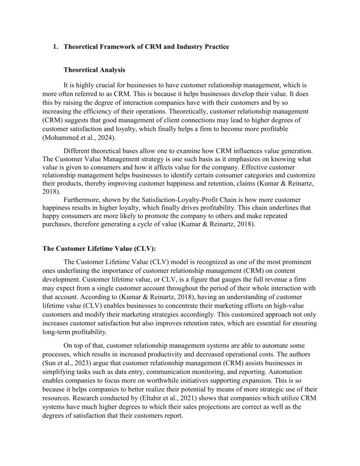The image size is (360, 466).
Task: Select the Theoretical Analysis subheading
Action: (96, 73)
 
